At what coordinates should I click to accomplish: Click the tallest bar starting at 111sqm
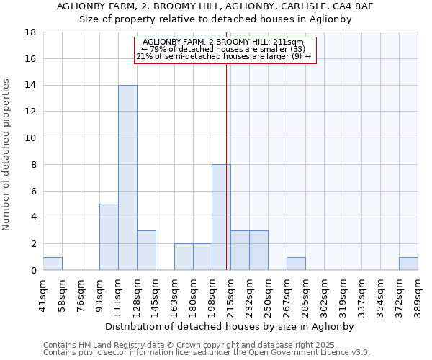pos(127,178)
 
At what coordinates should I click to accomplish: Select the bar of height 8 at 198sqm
pos(221,217)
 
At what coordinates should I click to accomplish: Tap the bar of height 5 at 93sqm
pos(109,237)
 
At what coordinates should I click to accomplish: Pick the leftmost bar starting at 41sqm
pos(53,264)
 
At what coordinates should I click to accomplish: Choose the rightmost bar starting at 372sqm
pos(408,264)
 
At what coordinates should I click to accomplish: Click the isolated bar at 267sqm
pos(296,264)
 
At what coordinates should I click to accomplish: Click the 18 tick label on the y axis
pos(31,32)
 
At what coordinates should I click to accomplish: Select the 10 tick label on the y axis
pos(31,138)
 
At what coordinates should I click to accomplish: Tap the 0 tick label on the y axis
pos(34,271)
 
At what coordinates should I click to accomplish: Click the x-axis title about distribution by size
pos(230,326)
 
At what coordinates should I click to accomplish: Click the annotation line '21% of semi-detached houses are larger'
pos(223,55)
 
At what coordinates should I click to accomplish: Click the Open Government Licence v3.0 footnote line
pos(207,353)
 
